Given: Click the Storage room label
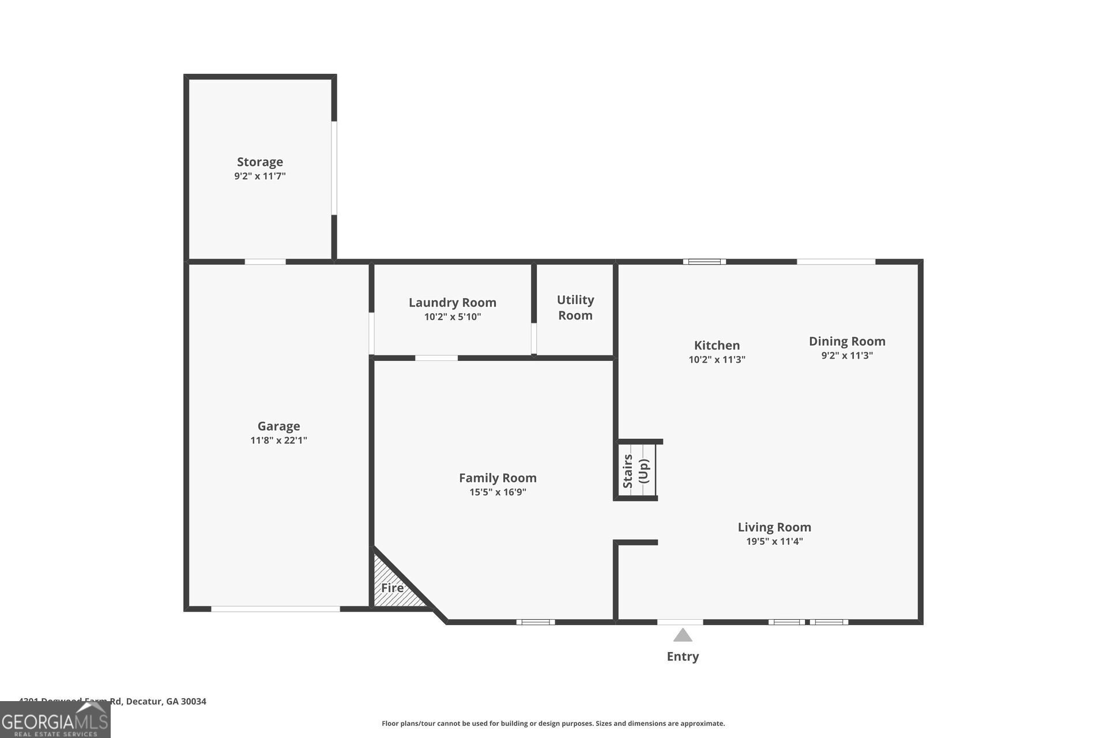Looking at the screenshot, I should click(260, 162).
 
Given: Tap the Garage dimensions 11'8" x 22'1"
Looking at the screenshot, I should click(278, 440).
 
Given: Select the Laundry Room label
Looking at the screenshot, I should click(452, 303).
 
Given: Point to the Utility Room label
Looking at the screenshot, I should click(575, 307).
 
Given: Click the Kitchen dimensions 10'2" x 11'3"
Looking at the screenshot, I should click(717, 360).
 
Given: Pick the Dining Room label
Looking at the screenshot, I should click(846, 341).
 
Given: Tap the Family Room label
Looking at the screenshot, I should click(498, 478).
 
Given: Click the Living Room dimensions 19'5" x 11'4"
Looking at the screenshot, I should click(774, 541).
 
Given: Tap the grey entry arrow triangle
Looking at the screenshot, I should click(683, 635).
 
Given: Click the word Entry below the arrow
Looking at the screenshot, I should click(683, 656).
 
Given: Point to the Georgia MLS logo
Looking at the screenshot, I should click(55, 720).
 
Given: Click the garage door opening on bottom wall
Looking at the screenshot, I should click(276, 609).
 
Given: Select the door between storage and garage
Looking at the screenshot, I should click(265, 262).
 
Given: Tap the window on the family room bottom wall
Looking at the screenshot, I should click(536, 622).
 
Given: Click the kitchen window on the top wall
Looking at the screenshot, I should click(705, 262).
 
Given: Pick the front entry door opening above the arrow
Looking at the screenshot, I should click(680, 622).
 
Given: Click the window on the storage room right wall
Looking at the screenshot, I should click(334, 168).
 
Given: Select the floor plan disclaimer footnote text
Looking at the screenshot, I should click(553, 724).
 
